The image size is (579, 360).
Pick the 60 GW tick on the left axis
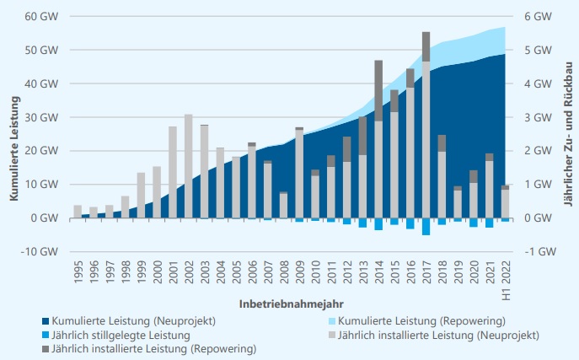(42, 17)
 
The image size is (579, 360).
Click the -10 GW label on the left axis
(40, 251)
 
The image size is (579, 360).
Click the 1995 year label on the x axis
(78, 274)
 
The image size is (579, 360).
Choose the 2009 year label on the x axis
(300, 274)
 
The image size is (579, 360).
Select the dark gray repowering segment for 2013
(363, 136)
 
